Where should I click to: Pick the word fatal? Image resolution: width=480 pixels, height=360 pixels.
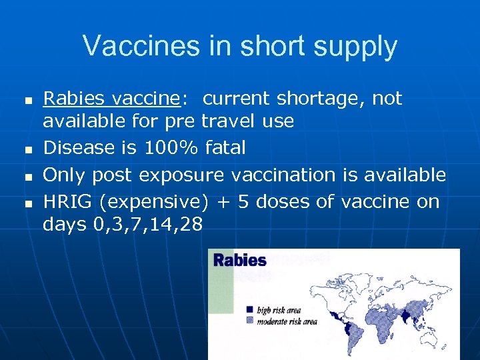[226, 147]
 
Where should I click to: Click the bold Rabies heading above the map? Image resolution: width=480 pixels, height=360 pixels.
[239, 260]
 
